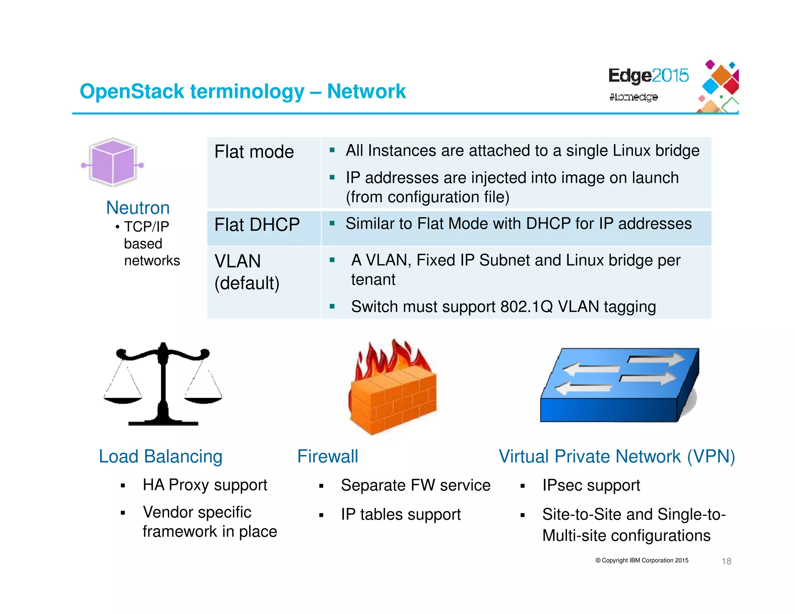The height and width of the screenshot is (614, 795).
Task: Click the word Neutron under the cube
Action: click(138, 208)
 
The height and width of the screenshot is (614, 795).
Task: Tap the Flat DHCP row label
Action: click(257, 225)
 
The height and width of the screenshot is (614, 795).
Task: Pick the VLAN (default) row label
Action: click(247, 272)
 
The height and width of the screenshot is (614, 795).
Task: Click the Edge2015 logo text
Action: click(648, 76)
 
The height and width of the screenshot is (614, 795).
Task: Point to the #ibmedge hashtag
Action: click(634, 97)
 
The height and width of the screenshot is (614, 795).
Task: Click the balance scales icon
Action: click(163, 384)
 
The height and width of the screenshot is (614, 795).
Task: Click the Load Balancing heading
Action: click(161, 456)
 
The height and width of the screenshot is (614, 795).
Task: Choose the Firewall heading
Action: click(328, 456)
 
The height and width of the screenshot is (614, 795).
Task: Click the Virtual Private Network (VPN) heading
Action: click(617, 456)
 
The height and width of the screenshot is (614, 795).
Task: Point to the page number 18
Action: click(726, 561)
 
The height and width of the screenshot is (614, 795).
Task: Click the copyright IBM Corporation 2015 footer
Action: click(642, 560)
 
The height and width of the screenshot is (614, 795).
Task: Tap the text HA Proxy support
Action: click(205, 485)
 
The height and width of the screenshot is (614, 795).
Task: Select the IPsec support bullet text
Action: click(591, 486)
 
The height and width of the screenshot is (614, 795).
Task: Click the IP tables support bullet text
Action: click(401, 515)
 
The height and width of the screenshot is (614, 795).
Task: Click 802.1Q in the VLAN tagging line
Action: click(526, 307)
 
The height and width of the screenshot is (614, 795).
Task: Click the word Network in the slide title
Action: click(366, 92)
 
